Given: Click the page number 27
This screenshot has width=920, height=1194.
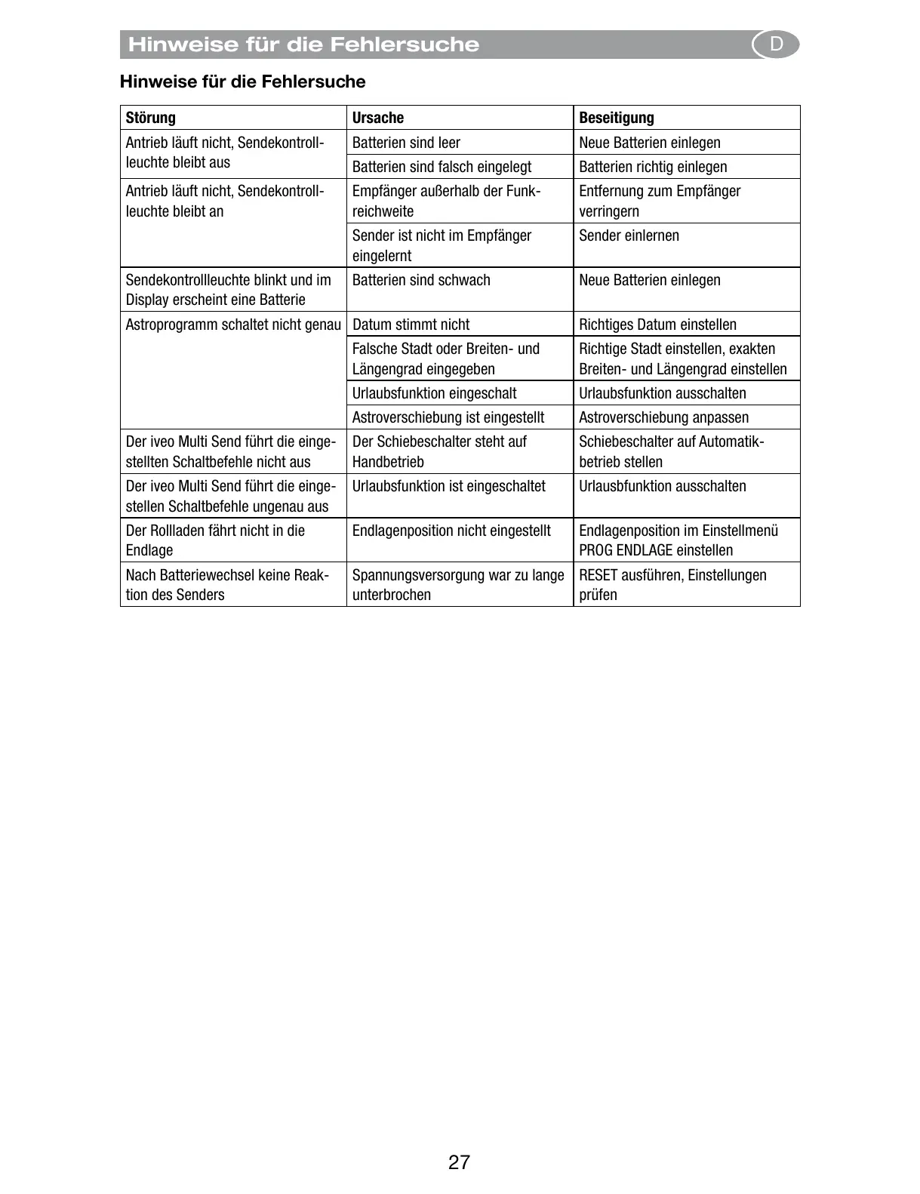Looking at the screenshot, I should coord(459,1162).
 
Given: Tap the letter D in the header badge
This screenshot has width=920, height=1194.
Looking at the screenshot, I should coord(776,45).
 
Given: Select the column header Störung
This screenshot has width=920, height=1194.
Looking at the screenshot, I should coord(151,118).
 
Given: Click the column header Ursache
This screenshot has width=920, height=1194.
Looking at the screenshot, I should coord(378,118).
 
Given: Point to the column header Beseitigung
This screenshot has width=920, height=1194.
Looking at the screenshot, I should coord(617,118).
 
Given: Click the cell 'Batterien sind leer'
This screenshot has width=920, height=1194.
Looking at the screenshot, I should coord(406,143).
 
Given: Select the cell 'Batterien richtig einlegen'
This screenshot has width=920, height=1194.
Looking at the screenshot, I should coord(653,167).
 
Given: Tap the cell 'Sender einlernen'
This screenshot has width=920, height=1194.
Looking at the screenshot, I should coord(629,235).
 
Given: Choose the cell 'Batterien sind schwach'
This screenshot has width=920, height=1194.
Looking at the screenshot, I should coord(421,280).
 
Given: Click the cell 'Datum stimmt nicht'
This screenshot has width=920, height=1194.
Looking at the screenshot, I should coord(411,325).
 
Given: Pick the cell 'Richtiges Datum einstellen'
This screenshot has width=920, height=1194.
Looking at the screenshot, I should coord(657,325).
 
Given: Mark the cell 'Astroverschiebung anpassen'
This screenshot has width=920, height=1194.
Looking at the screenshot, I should coord(663,417).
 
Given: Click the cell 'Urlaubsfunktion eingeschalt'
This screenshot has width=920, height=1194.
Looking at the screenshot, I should coord(434,393).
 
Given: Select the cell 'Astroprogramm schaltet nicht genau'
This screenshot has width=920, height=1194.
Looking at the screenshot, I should coord(233,325).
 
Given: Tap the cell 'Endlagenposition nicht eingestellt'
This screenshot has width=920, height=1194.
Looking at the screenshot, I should coord(451,531).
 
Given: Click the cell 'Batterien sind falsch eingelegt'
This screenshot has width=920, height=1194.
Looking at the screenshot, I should coord(442,167).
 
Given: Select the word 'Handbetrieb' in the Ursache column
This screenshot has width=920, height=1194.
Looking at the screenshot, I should coord(388,462).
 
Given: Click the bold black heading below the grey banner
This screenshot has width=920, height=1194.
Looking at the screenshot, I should coord(242,82).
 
